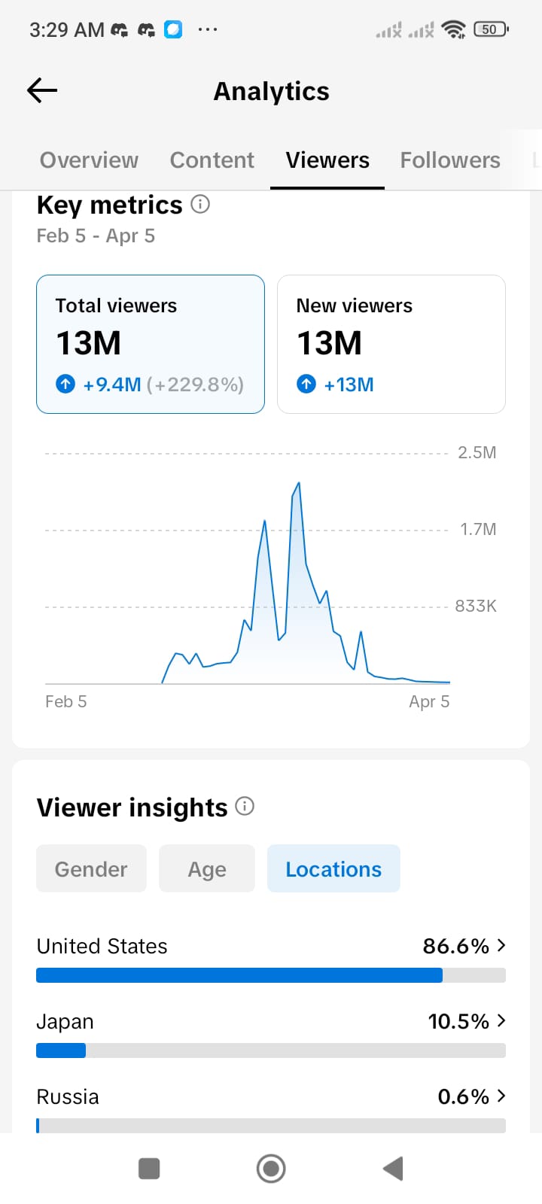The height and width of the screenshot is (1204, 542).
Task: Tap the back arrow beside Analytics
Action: (x=42, y=91)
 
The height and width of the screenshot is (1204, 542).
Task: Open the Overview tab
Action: (x=89, y=160)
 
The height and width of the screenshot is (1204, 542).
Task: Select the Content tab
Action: (x=212, y=160)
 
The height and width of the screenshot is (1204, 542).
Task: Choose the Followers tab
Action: (x=449, y=160)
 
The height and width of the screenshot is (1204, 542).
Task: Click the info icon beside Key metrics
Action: (x=200, y=204)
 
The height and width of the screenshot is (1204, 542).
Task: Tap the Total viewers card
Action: (x=151, y=344)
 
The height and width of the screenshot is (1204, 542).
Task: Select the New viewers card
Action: (x=391, y=344)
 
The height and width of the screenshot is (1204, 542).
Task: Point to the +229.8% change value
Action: (x=195, y=385)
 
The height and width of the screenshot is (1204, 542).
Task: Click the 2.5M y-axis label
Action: (x=477, y=452)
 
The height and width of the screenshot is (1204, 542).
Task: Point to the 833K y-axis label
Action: (x=475, y=606)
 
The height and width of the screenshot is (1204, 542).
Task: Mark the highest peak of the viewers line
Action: (x=299, y=483)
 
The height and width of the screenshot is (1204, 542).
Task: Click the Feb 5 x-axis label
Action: (x=66, y=701)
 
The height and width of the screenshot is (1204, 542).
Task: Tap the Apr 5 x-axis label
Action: (x=429, y=701)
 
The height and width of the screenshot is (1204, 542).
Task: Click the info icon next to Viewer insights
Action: (x=245, y=807)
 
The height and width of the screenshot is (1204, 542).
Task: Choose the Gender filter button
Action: (x=91, y=869)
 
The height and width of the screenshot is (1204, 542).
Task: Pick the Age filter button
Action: (x=207, y=869)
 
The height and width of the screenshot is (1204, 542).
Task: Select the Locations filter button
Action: (x=333, y=869)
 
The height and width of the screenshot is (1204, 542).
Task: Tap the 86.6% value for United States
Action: (x=455, y=946)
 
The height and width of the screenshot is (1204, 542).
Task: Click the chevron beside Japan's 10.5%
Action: (x=501, y=1020)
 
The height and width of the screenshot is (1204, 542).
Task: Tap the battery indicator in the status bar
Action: (x=491, y=29)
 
